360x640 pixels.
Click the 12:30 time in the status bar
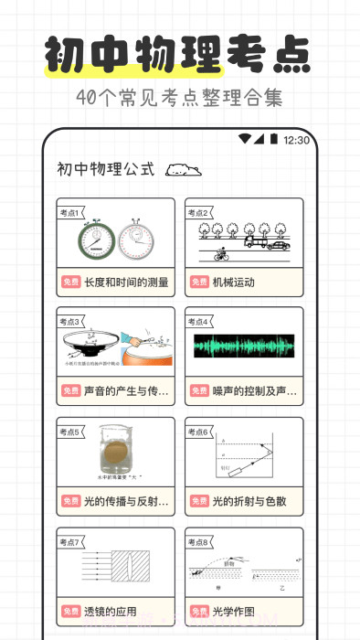[x=297, y=140]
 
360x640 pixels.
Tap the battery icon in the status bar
[x=273, y=139]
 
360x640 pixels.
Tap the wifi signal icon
[x=244, y=139]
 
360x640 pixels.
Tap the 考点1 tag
[x=69, y=212]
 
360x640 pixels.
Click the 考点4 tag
[x=198, y=322]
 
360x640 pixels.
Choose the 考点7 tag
[x=70, y=543]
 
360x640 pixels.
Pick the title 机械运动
[x=234, y=283]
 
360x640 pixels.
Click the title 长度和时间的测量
[x=126, y=283]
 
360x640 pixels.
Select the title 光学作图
[x=234, y=611]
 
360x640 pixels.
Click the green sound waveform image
[x=244, y=347]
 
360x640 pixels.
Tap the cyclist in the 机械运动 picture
[x=220, y=255]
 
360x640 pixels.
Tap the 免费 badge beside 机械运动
[x=198, y=283]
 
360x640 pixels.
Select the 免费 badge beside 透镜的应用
[x=70, y=611]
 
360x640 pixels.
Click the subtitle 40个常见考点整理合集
[x=179, y=97]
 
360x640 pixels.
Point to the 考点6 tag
[x=198, y=432]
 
